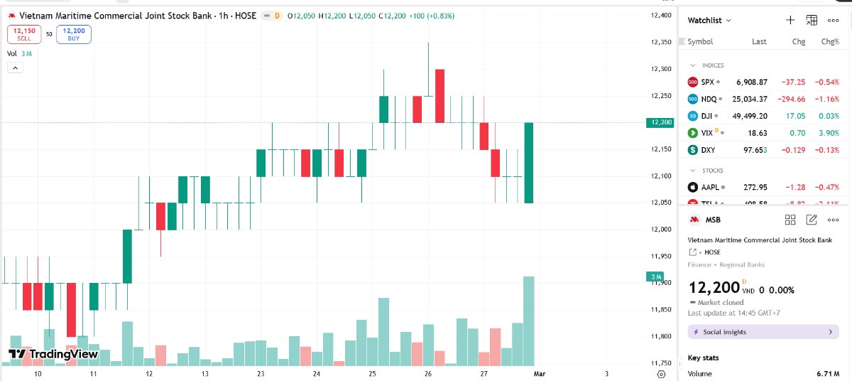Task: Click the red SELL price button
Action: [x=24, y=34]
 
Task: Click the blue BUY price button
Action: [x=74, y=34]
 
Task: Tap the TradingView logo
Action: [x=53, y=354]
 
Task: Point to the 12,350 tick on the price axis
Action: [x=661, y=42]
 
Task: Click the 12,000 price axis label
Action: [x=661, y=229]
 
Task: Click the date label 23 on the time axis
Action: [x=261, y=373]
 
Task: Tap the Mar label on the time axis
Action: [x=539, y=373]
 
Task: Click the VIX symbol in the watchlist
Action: [x=706, y=133]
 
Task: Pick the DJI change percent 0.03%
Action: [x=828, y=116]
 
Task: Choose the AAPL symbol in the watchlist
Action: [x=711, y=187]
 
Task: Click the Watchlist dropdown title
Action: [x=709, y=21]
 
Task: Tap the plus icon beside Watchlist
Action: [x=790, y=21]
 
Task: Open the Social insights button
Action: [x=763, y=332]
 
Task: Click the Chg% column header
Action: [x=829, y=42]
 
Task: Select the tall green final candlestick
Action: [x=529, y=163]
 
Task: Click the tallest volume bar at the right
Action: [x=528, y=320]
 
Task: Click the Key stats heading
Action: [x=703, y=358]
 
